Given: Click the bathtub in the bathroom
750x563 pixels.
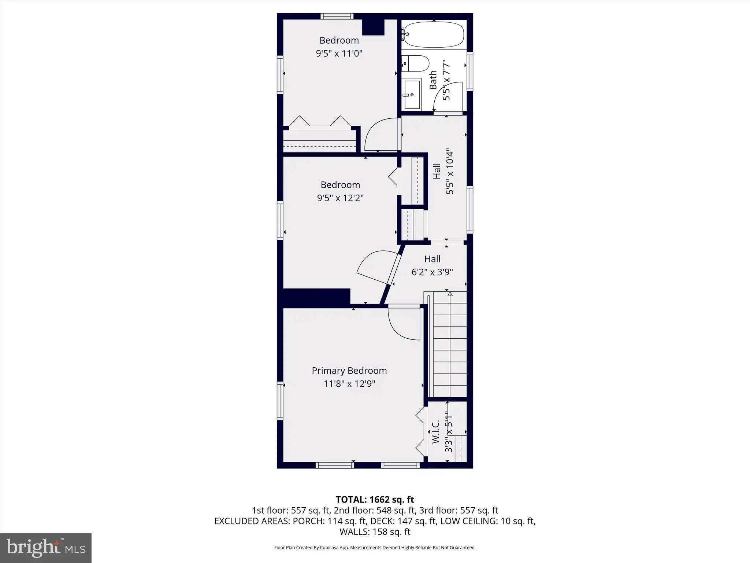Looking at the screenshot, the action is pyautogui.click(x=433, y=34).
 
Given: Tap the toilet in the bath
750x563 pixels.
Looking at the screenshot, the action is pyautogui.click(x=415, y=64).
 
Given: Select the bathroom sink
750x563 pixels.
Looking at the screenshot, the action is pyautogui.click(x=412, y=95).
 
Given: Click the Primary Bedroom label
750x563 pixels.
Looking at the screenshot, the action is pyautogui.click(x=349, y=371).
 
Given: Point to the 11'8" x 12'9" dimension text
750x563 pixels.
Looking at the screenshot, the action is pyautogui.click(x=349, y=384).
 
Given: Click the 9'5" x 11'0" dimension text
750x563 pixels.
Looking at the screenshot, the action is pyautogui.click(x=339, y=54).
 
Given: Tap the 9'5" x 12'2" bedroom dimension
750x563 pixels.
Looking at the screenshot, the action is pyautogui.click(x=340, y=198).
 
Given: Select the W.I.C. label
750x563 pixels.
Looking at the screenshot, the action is pyautogui.click(x=435, y=432).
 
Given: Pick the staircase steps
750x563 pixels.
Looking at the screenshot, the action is pyautogui.click(x=449, y=344).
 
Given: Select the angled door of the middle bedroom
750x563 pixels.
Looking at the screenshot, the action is pyautogui.click(x=394, y=264).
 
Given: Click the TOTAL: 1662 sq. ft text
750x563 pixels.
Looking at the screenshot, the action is pyautogui.click(x=375, y=500).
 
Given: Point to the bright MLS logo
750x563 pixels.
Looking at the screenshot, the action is pyautogui.click(x=46, y=548).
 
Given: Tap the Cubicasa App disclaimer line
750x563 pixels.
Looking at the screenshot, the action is pyautogui.click(x=375, y=548).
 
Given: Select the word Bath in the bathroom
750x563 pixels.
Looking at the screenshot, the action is pyautogui.click(x=433, y=80).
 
